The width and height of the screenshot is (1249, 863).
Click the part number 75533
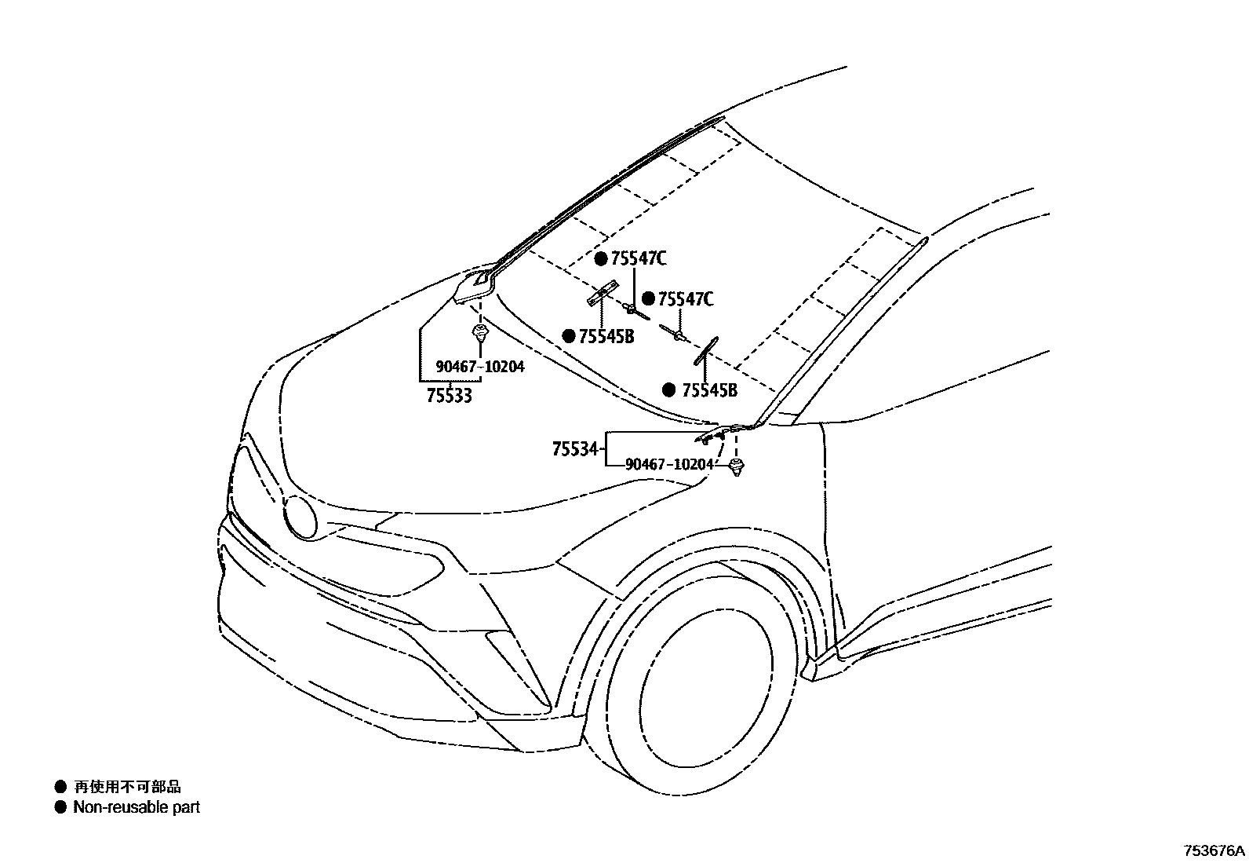click(x=450, y=396)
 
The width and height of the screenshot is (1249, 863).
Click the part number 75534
click(x=576, y=450)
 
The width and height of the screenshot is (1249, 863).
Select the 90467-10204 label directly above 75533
click(x=480, y=367)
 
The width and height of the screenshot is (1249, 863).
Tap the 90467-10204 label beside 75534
click(x=670, y=464)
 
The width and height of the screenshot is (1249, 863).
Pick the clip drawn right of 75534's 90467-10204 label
click(x=736, y=469)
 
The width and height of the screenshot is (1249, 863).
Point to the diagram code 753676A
click(x=1214, y=850)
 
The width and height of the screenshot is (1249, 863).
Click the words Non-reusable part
click(x=137, y=807)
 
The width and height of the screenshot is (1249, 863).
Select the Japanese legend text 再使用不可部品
click(x=127, y=786)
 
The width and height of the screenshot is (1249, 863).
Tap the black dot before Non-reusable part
click(x=60, y=807)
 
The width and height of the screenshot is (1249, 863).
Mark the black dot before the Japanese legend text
click(x=60, y=786)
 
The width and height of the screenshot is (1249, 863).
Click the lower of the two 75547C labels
click(x=686, y=299)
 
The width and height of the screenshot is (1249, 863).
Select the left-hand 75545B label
click(x=606, y=336)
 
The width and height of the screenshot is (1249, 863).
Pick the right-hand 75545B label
click(x=709, y=390)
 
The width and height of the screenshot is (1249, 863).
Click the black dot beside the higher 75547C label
click(x=601, y=259)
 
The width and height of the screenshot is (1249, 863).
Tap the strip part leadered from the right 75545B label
click(x=704, y=350)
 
